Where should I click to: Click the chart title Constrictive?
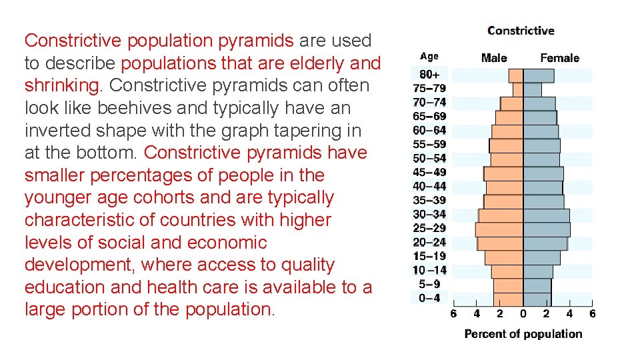[x=521, y=31]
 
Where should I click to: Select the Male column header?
[x=493, y=58]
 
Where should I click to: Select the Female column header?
[x=559, y=58]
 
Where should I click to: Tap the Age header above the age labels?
[x=429, y=57]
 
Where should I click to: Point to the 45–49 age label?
[x=429, y=172]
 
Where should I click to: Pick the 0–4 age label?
[x=429, y=298]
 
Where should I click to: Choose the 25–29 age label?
[x=429, y=228]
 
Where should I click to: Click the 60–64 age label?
[x=429, y=130]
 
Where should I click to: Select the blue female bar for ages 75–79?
[x=532, y=89]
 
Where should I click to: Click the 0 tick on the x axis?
[x=523, y=313]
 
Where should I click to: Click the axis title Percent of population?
[x=523, y=334]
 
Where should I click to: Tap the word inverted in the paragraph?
[x=56, y=130]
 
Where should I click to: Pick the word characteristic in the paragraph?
[x=79, y=220]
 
